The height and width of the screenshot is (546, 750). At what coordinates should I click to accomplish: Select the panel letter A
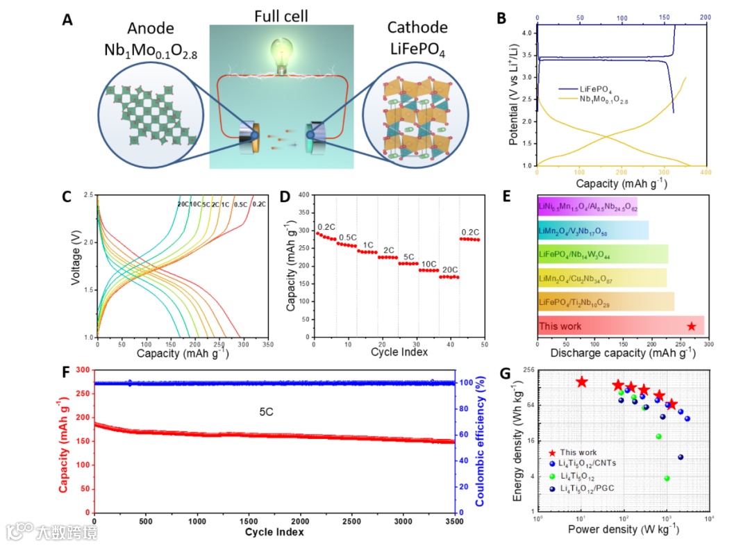(67, 20)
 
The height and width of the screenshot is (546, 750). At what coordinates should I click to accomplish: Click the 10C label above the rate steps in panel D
(428, 263)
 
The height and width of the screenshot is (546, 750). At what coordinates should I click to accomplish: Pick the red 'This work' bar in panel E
(620, 326)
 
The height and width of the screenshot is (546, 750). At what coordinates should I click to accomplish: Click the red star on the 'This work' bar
(691, 326)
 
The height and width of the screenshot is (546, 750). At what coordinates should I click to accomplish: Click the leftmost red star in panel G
(581, 381)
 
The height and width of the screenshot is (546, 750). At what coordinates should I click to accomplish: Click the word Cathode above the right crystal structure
(417, 28)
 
